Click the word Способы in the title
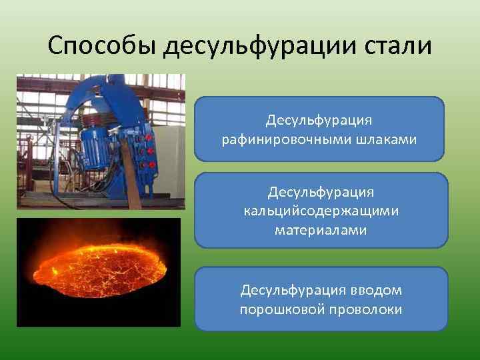click(102, 47)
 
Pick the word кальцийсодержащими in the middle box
click(321, 211)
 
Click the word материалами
click(321, 230)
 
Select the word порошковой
click(277, 310)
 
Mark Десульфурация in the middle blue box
click(321, 192)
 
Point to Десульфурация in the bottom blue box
click(293, 291)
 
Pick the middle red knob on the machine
click(150, 151)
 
